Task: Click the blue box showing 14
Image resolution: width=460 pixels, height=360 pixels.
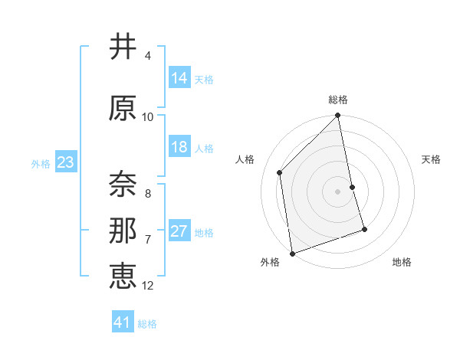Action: tap(179, 78)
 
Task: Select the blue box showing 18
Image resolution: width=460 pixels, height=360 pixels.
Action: tap(179, 147)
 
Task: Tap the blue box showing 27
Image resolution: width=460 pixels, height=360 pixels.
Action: tap(179, 231)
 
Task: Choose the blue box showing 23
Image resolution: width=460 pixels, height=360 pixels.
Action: tap(65, 162)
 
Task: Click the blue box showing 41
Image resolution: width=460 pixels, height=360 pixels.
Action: tap(123, 322)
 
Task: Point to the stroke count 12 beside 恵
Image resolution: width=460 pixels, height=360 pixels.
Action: tap(148, 286)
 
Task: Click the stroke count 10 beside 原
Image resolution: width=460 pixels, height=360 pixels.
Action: tap(148, 117)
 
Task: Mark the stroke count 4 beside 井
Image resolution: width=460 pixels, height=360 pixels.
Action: tap(148, 56)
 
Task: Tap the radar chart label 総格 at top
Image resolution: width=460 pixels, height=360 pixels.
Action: tap(338, 100)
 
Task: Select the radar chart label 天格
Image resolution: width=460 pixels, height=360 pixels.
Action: tap(431, 159)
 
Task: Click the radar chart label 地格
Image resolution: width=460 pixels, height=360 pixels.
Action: tap(402, 263)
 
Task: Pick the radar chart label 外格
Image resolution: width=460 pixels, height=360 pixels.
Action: tap(270, 263)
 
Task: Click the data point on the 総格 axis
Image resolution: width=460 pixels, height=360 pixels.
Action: tap(338, 116)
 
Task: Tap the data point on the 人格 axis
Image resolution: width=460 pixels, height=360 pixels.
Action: tap(280, 172)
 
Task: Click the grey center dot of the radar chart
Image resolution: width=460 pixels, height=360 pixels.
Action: tap(338, 191)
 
